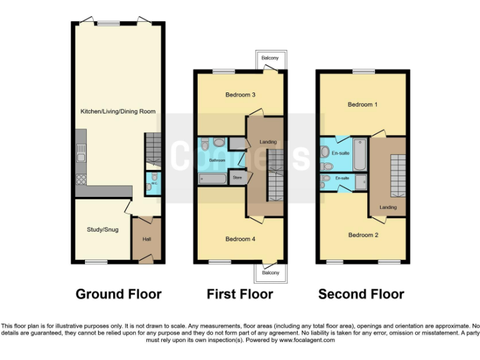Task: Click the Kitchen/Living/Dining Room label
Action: (x=118, y=111)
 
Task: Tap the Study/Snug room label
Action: (x=102, y=229)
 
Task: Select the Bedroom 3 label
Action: (x=240, y=95)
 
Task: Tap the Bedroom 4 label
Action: (x=240, y=239)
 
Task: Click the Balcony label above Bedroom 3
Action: (x=271, y=58)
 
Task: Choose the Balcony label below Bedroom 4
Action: (x=271, y=273)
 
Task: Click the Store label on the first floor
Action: (x=237, y=177)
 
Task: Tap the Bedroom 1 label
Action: (x=362, y=104)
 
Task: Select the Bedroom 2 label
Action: (x=363, y=235)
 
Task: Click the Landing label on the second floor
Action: (x=387, y=207)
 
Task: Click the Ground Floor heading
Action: (x=119, y=294)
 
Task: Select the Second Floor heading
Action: (x=361, y=294)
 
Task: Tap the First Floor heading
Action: (x=240, y=294)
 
